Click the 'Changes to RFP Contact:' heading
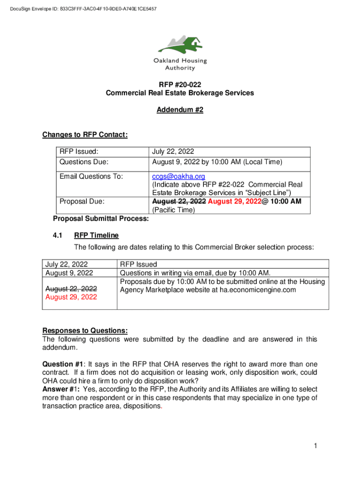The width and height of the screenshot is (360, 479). (85, 135)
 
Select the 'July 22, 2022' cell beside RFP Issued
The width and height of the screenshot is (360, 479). (173, 152)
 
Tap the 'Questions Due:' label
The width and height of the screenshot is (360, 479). (84, 162)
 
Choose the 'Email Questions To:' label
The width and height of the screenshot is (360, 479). (91, 176)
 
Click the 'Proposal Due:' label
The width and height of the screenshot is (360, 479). (82, 201)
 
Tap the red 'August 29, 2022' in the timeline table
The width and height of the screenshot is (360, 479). (71, 297)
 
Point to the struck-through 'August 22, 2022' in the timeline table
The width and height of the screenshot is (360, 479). (71, 289)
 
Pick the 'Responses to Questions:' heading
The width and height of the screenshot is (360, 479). (85, 331)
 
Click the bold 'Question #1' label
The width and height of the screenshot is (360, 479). (59, 364)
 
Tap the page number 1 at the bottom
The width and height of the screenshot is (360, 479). (316, 446)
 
